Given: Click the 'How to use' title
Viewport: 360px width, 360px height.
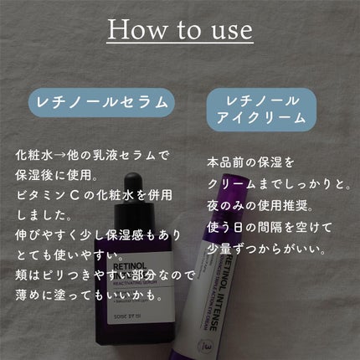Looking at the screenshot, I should [180, 30].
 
